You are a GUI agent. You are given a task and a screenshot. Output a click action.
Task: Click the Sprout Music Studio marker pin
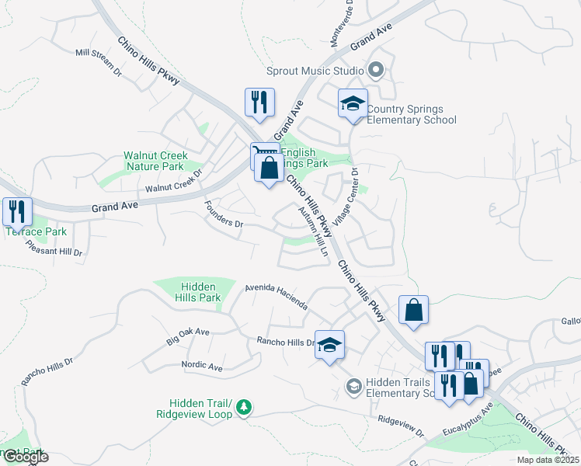[377, 71]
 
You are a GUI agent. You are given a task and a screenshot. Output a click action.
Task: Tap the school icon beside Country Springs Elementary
[353, 104]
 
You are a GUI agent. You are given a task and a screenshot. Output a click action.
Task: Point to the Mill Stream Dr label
[99, 63]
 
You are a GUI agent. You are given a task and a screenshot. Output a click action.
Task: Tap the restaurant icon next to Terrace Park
[17, 211]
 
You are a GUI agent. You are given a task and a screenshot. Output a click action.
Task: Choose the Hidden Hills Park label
[195, 292]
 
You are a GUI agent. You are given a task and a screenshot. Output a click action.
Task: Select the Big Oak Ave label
[188, 336]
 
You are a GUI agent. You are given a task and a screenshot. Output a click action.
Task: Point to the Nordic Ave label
[202, 366]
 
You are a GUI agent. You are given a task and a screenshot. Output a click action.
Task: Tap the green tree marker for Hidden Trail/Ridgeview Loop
[244, 407]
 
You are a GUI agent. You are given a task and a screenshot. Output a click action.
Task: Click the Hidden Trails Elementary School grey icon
[353, 386]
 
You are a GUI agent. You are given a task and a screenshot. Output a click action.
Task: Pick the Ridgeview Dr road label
[401, 426]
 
